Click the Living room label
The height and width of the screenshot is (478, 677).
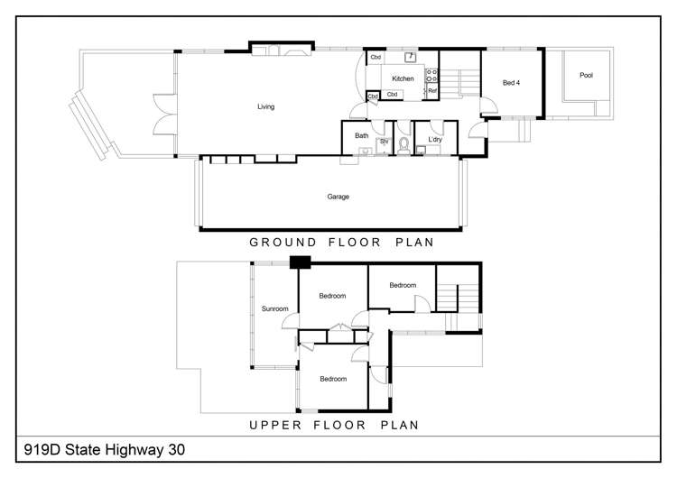pos(265,106)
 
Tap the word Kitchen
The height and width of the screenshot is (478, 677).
pos(403,78)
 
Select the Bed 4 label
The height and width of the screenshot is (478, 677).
pos(511,83)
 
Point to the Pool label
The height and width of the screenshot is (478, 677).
pos(587,76)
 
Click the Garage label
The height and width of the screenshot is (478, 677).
pos(338,196)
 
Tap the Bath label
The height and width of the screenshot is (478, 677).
pos(361,136)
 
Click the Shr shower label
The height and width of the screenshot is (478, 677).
pos(383,142)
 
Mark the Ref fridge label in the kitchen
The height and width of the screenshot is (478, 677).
pos(432,91)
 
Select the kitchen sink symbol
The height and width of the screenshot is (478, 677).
pos(411,57)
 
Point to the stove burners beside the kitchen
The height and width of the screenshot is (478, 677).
pos(432,75)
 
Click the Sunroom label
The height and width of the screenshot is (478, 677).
pos(274,309)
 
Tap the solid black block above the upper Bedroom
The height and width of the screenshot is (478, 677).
pos(300,262)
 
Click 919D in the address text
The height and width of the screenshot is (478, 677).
pos(39,448)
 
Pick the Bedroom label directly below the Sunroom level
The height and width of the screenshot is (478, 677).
pos(333,379)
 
